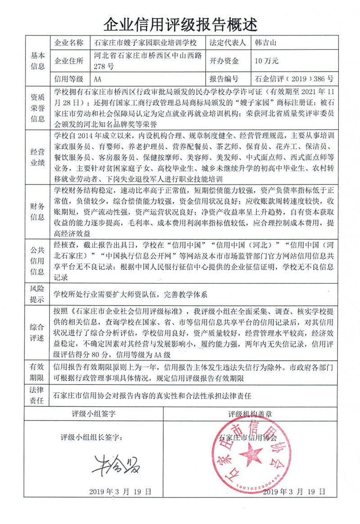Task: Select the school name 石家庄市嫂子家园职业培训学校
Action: click(146, 43)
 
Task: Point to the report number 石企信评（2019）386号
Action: click(293, 79)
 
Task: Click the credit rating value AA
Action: click(99, 79)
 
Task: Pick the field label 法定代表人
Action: click(228, 43)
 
